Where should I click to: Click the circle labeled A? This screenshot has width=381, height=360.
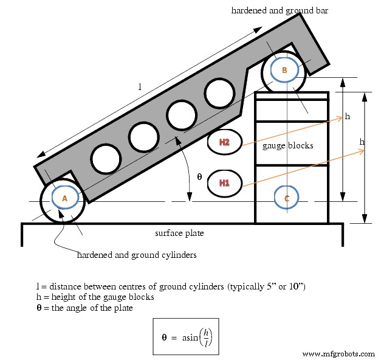(x=64, y=198)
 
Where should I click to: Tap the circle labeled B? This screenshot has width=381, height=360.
(x=284, y=70)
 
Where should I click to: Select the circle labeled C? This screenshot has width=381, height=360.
(x=286, y=198)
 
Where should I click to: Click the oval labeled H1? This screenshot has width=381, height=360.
(x=225, y=182)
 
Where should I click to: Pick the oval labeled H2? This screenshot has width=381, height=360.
(x=225, y=142)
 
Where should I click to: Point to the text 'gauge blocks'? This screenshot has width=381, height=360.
(x=287, y=146)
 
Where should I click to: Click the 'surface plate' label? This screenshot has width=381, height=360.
(x=179, y=233)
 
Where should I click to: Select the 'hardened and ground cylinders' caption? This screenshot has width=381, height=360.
(x=137, y=255)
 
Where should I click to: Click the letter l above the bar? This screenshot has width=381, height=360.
(x=140, y=87)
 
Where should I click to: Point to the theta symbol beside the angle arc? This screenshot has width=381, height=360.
(x=199, y=177)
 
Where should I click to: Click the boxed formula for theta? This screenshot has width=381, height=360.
(x=186, y=336)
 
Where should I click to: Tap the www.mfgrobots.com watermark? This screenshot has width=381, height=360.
(x=338, y=353)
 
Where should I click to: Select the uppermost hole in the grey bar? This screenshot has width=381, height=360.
(x=219, y=93)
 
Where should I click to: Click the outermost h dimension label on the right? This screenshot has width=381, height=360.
(x=362, y=142)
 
